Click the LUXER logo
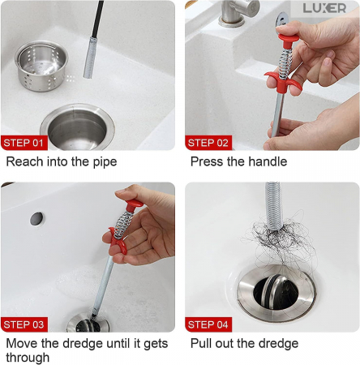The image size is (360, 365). coord(324,8)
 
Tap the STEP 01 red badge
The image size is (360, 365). coord(24,143)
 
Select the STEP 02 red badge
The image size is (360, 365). coord(208,143)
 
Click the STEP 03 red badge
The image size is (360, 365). coord(24,324)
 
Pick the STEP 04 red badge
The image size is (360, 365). coord(208,324)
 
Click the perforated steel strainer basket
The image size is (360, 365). coord(41,66)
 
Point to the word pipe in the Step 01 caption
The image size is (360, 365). coord(105,162)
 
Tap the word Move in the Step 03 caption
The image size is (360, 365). coord(22,344)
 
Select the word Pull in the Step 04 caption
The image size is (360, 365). coord(201,344)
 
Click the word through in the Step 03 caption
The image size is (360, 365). coord(28,358)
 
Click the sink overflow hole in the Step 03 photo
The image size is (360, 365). coord(36,219)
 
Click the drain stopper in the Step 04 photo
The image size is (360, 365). coord(276,293)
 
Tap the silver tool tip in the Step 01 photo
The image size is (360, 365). coord(90,58)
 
